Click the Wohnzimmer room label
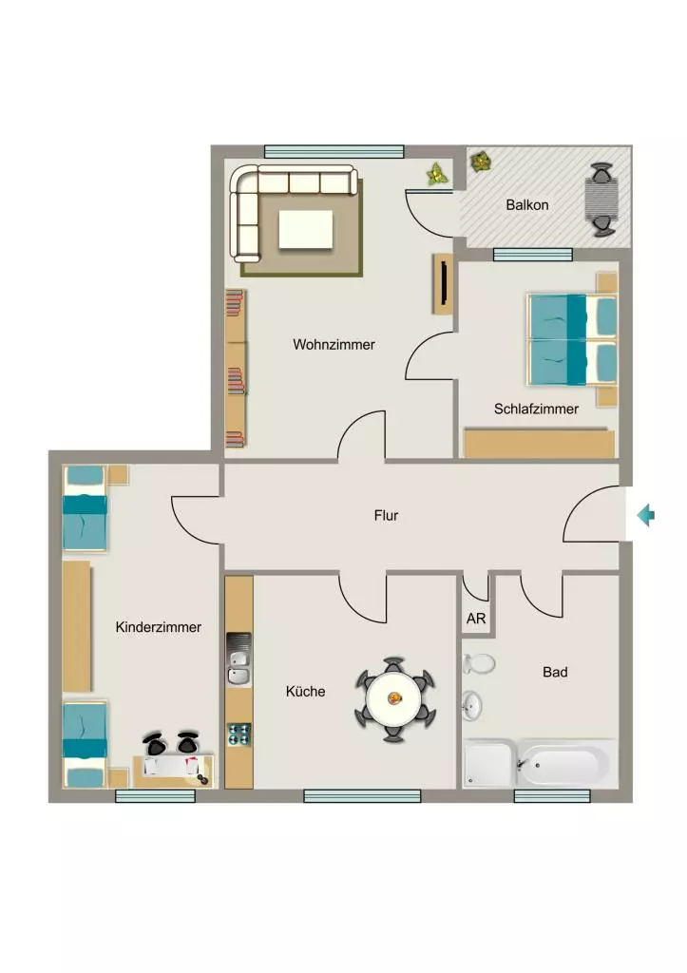pos(334,344)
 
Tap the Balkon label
pos(526,205)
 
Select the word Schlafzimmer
pos(536,409)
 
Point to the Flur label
pos(386,516)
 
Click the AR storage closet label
pos(476,619)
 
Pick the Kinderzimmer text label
pos(159,627)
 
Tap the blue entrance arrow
pos(646,515)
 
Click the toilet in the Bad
pos(479,663)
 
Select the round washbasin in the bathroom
pos(472,705)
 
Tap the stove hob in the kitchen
pos(239,735)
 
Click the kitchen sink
pos(239,659)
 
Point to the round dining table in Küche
pos(394,699)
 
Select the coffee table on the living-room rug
pos(305,229)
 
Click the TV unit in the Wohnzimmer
pos(443,283)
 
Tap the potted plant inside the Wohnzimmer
pos(437,175)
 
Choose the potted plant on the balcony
pos(481,162)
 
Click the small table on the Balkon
pos(602,200)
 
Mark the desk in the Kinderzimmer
pos(173,771)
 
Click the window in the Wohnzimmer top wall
pos(334,151)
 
